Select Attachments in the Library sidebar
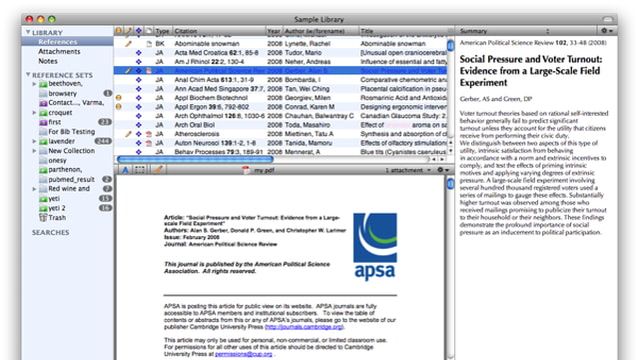pos(60,51)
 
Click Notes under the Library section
pos(49,61)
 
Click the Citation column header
pos(190,32)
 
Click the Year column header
pos(274,32)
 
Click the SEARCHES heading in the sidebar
pos(50,231)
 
